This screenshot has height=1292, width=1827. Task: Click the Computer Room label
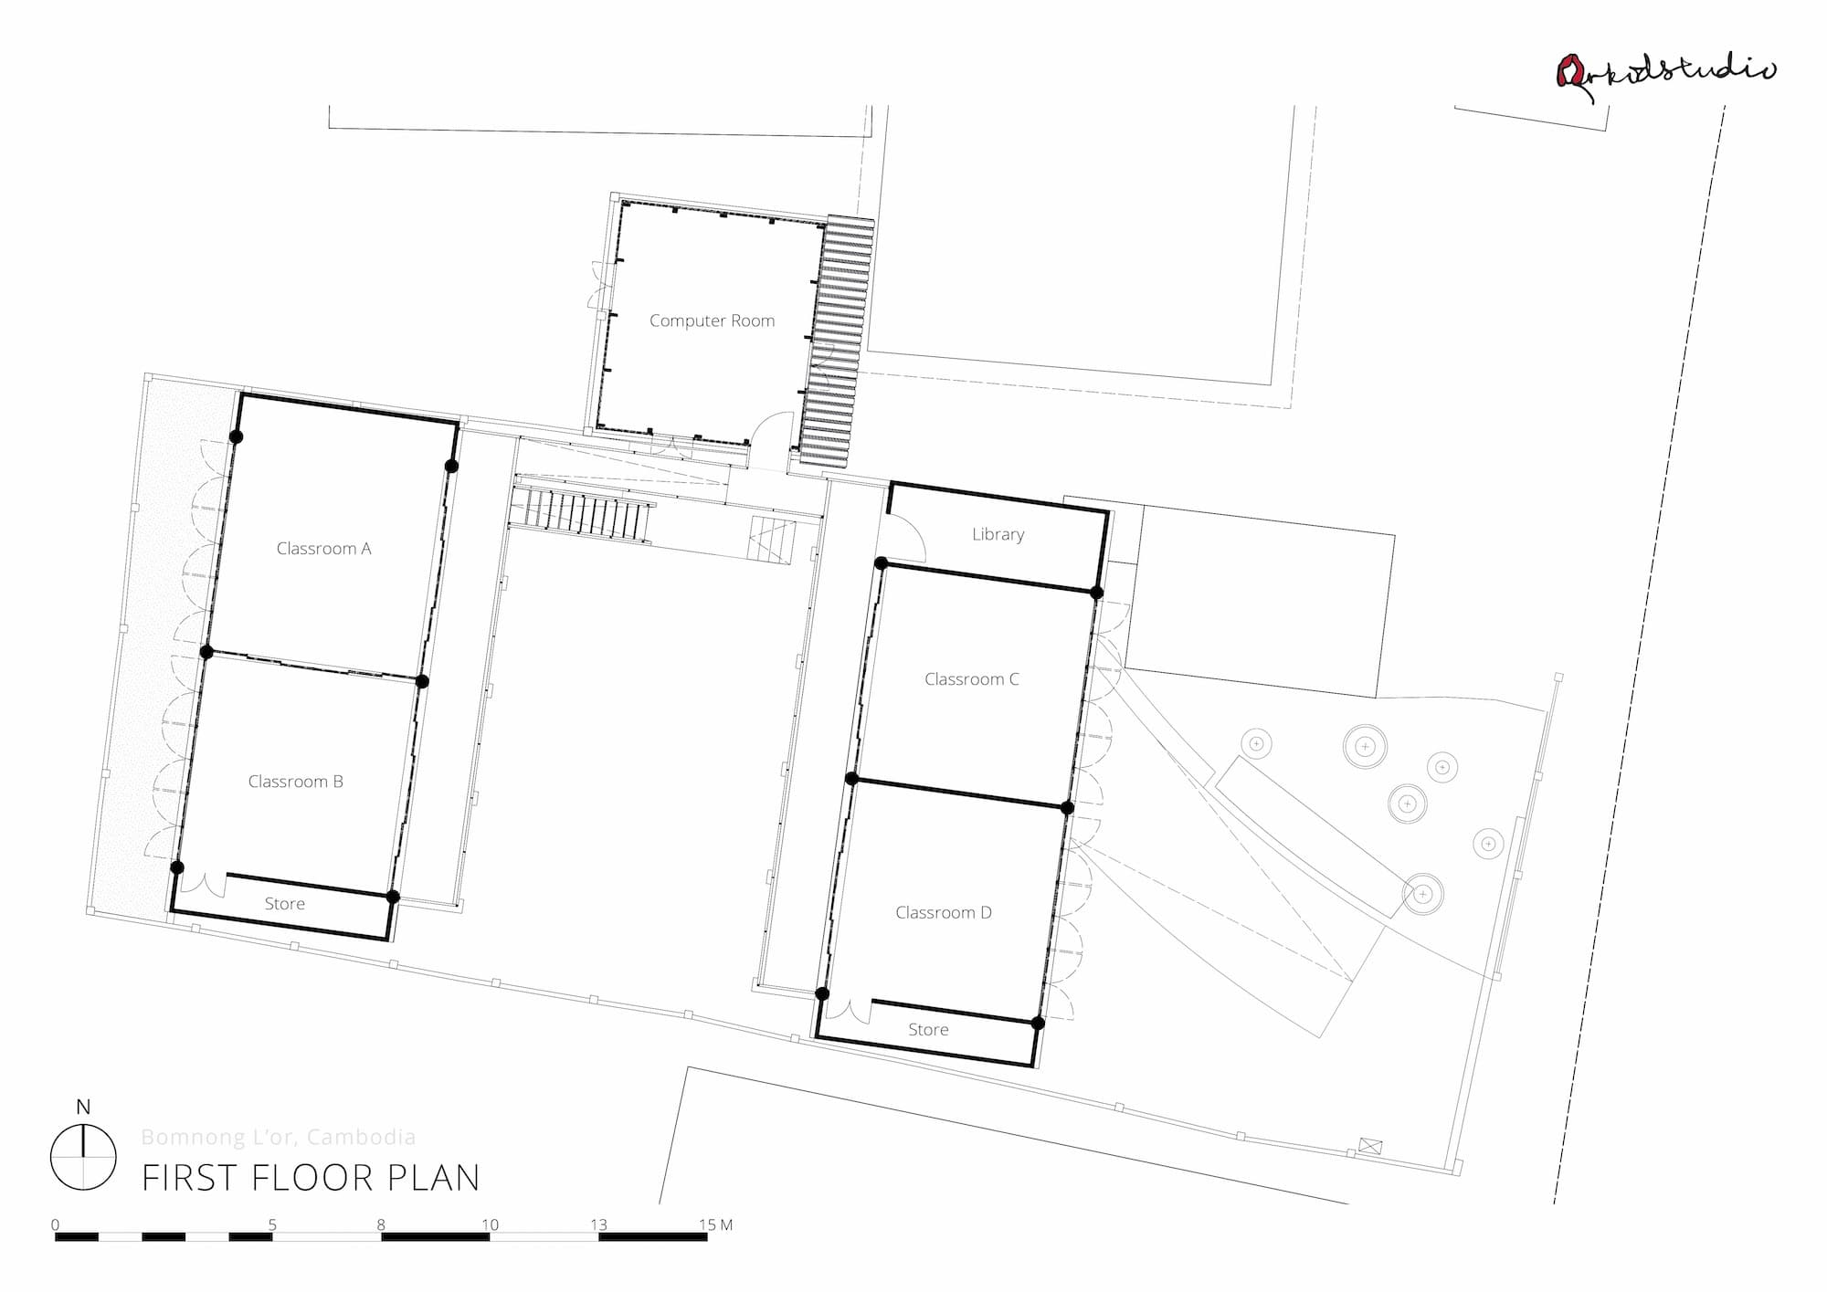pos(712,320)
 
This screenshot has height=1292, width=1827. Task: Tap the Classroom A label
pos(323,549)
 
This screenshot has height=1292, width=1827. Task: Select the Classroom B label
pos(295,782)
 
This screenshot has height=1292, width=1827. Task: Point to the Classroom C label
pos(971,679)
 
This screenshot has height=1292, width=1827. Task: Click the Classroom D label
pos(943,912)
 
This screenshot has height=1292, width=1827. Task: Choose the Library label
pos(998,534)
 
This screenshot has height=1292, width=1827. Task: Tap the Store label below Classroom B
pos(284,904)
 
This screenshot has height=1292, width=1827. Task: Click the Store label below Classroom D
pos(928,1030)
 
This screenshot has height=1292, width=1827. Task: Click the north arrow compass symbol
pos(83,1157)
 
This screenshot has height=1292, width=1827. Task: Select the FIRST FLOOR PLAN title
pos(311,1178)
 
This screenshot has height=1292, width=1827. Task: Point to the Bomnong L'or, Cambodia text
pos(279,1137)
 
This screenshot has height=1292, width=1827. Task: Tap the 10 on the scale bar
pos(491,1224)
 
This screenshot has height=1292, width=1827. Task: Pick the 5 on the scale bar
pos(272,1224)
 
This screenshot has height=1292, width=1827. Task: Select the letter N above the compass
pos(83,1108)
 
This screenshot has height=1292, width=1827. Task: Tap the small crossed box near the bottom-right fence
pos(1370,1146)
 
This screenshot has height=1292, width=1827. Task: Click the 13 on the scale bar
pos(598,1224)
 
